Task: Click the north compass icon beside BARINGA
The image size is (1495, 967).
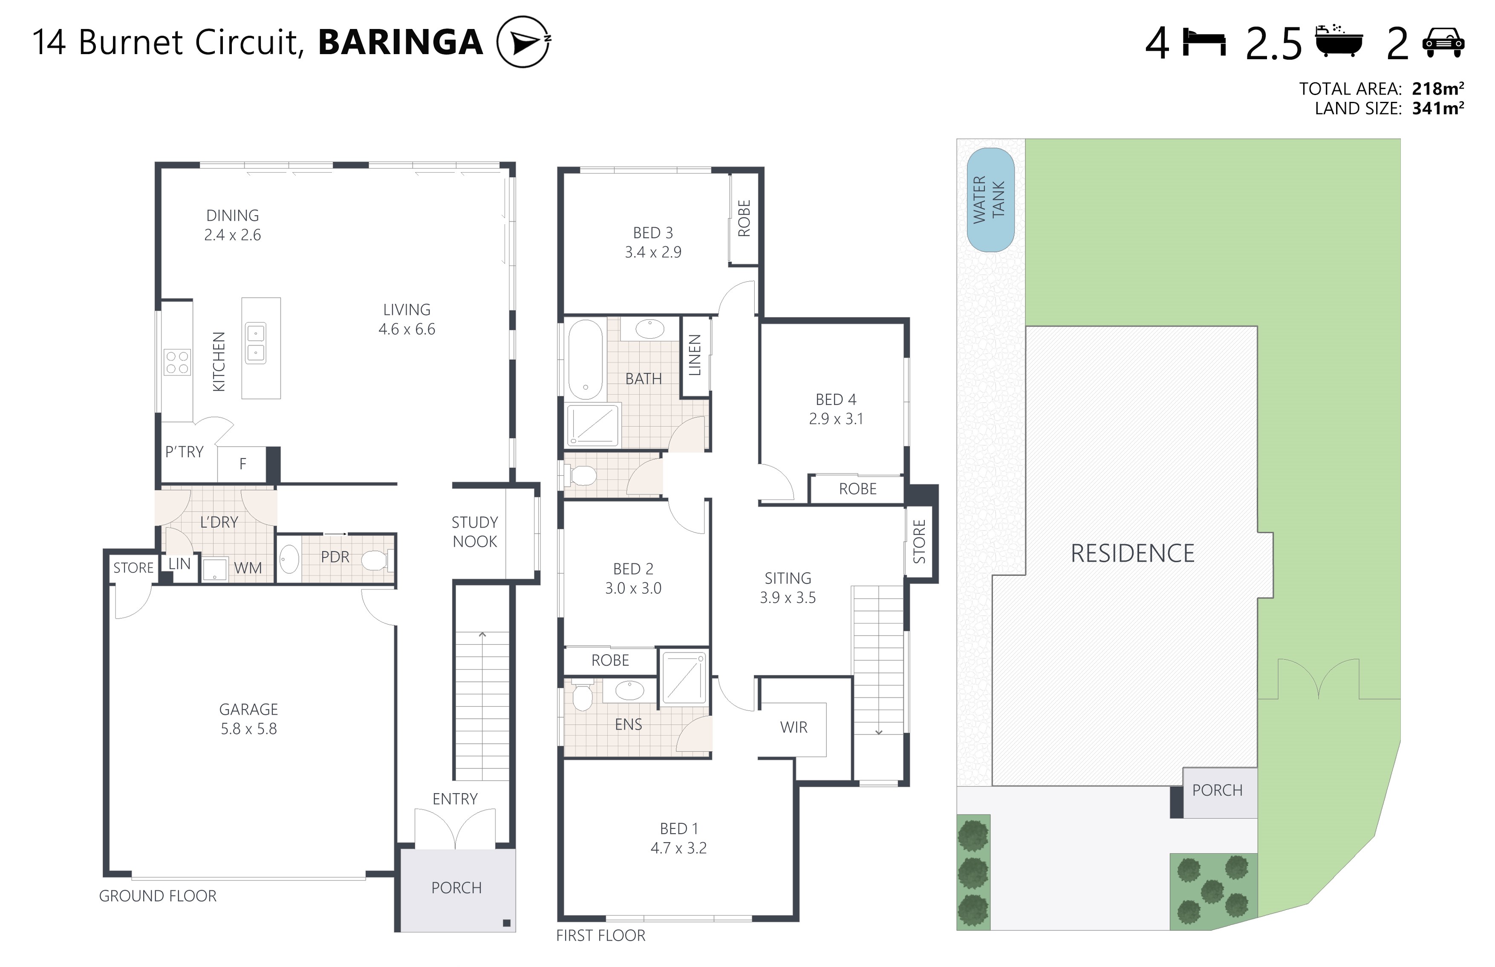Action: pos(523,42)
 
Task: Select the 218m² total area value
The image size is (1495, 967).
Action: pos(1437,89)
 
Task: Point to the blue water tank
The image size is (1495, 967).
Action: pos(990,200)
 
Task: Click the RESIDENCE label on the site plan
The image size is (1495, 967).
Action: pos(1132,553)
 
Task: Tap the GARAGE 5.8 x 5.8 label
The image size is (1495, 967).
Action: pos(248,719)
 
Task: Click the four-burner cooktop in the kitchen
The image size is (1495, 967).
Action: pos(177,362)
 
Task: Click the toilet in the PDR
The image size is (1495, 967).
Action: pos(375,560)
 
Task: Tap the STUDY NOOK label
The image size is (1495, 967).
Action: pos(475,532)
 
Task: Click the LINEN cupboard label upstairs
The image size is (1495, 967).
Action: pos(695,355)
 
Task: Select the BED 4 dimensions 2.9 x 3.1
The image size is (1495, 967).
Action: pos(836,419)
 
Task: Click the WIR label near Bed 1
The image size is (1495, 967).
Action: pos(794,727)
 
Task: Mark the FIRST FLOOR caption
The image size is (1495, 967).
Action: pos(600,935)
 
